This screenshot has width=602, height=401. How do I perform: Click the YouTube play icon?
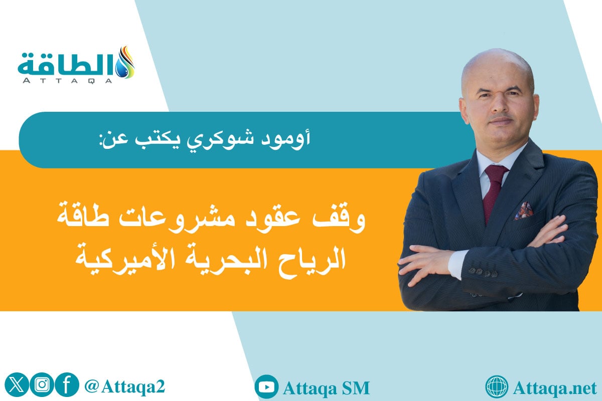point(266,387)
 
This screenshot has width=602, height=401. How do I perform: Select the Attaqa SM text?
point(326,387)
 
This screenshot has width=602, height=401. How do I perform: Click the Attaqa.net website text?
point(552,387)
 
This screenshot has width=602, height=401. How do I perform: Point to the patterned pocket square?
point(523,211)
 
